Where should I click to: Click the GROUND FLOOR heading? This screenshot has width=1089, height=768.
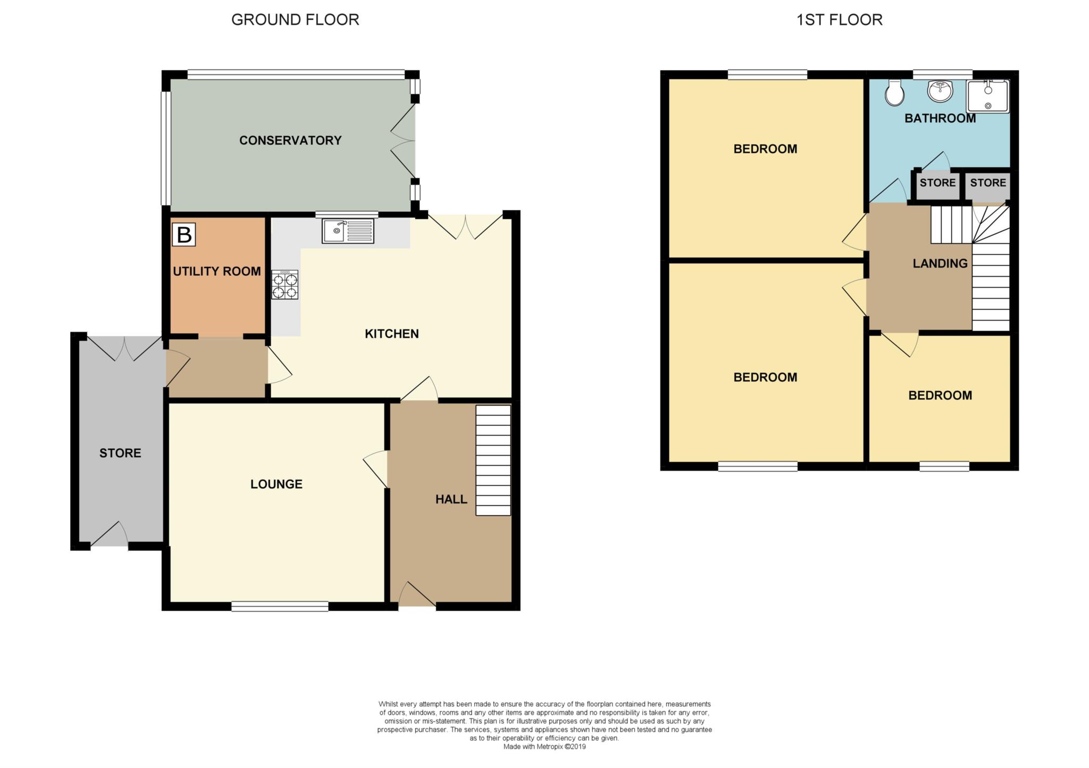pos(295,20)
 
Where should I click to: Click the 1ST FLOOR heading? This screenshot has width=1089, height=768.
pos(839,20)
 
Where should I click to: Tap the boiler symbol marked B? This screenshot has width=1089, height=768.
pos(184,234)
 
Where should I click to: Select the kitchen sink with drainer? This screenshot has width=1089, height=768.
pos(348,232)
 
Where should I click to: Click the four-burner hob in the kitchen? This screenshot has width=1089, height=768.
pos(284,285)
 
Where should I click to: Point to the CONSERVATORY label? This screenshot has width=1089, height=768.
pos(290,141)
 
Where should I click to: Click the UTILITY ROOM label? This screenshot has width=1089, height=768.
pos(217,271)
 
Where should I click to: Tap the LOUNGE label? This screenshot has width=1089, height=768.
pos(277,484)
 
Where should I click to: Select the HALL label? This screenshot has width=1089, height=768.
pos(451,499)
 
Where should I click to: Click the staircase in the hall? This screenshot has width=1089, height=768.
pos(493,460)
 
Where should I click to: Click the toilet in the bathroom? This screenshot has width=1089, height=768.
pos(895,93)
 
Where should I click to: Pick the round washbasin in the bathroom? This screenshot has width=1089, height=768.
pos(941,90)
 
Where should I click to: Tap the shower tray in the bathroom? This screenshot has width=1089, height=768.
pos(987,96)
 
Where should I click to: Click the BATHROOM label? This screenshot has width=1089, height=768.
pos(940,118)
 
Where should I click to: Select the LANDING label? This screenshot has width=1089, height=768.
pos(940,263)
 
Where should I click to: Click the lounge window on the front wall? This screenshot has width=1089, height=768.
pos(280,606)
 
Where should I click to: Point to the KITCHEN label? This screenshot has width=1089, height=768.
pos(392,334)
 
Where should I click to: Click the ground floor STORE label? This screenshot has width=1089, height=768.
pos(120,453)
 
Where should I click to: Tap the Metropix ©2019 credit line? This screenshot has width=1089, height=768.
pos(544,747)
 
